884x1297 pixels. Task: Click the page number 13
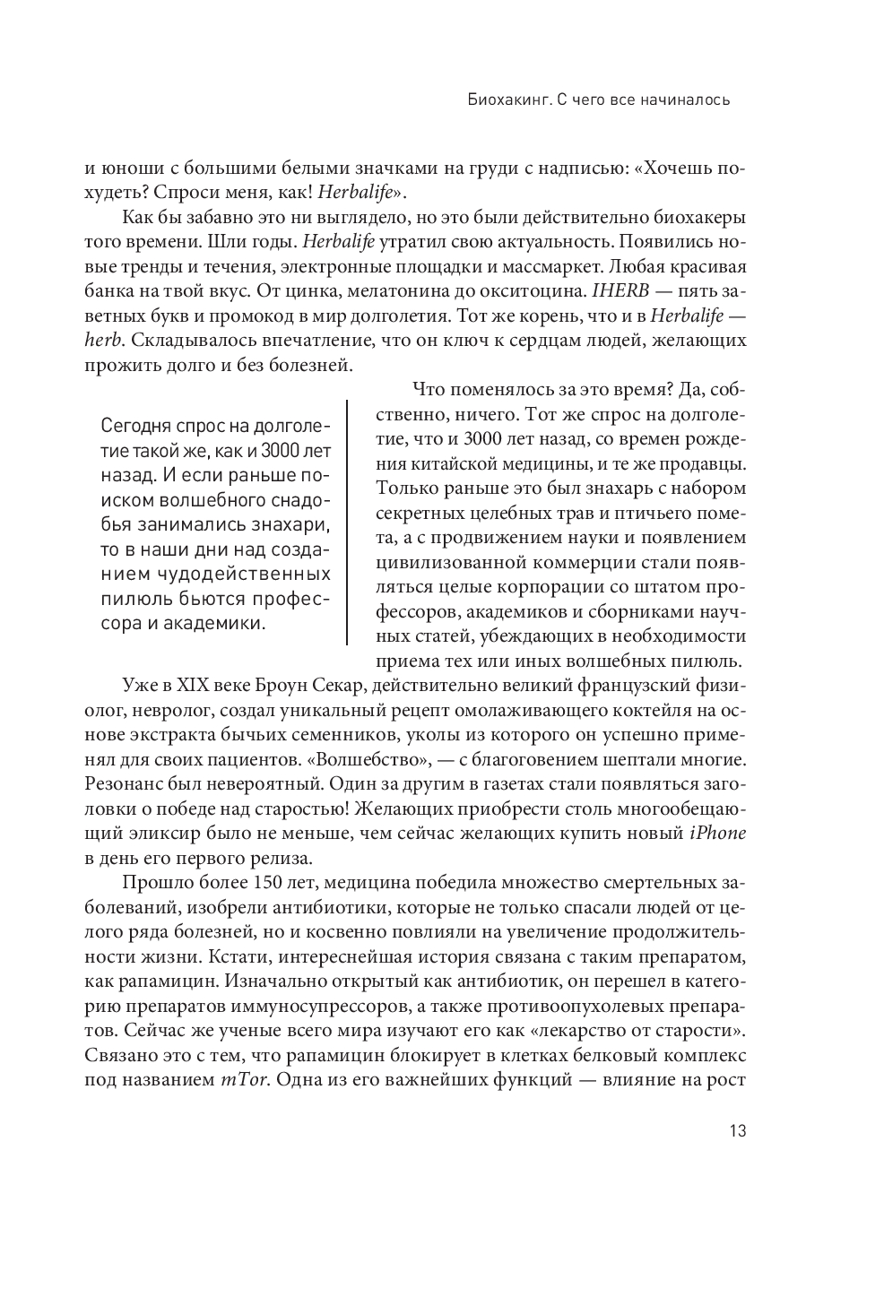pos(737,1130)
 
